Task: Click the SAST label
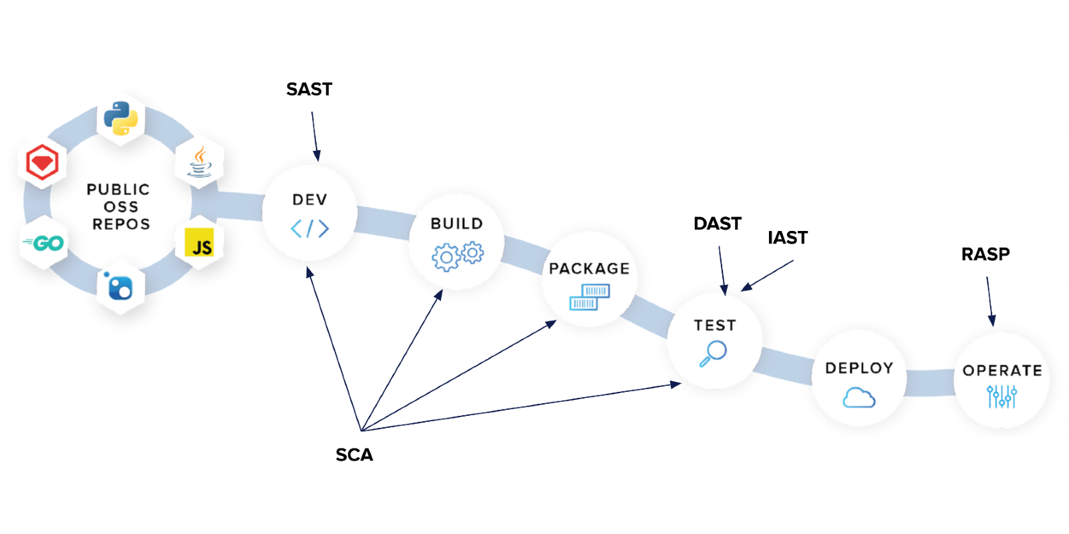(x=309, y=89)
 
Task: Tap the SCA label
(x=354, y=455)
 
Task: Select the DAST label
(x=717, y=224)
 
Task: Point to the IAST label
(x=787, y=238)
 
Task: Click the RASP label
(x=985, y=254)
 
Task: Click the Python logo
(x=121, y=118)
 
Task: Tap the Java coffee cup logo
(x=199, y=162)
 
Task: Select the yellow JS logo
(x=199, y=243)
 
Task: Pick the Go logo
(x=44, y=243)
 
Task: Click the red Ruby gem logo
(x=42, y=162)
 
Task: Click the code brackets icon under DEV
(x=310, y=229)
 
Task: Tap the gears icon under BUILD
(x=458, y=255)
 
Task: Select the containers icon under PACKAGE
(x=589, y=297)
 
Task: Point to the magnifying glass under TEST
(x=714, y=353)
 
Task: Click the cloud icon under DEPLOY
(x=859, y=398)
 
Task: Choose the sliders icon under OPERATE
(x=1002, y=396)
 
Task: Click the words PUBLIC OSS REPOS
(x=119, y=207)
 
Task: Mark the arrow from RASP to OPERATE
(x=989, y=300)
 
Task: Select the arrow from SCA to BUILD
(x=401, y=360)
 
